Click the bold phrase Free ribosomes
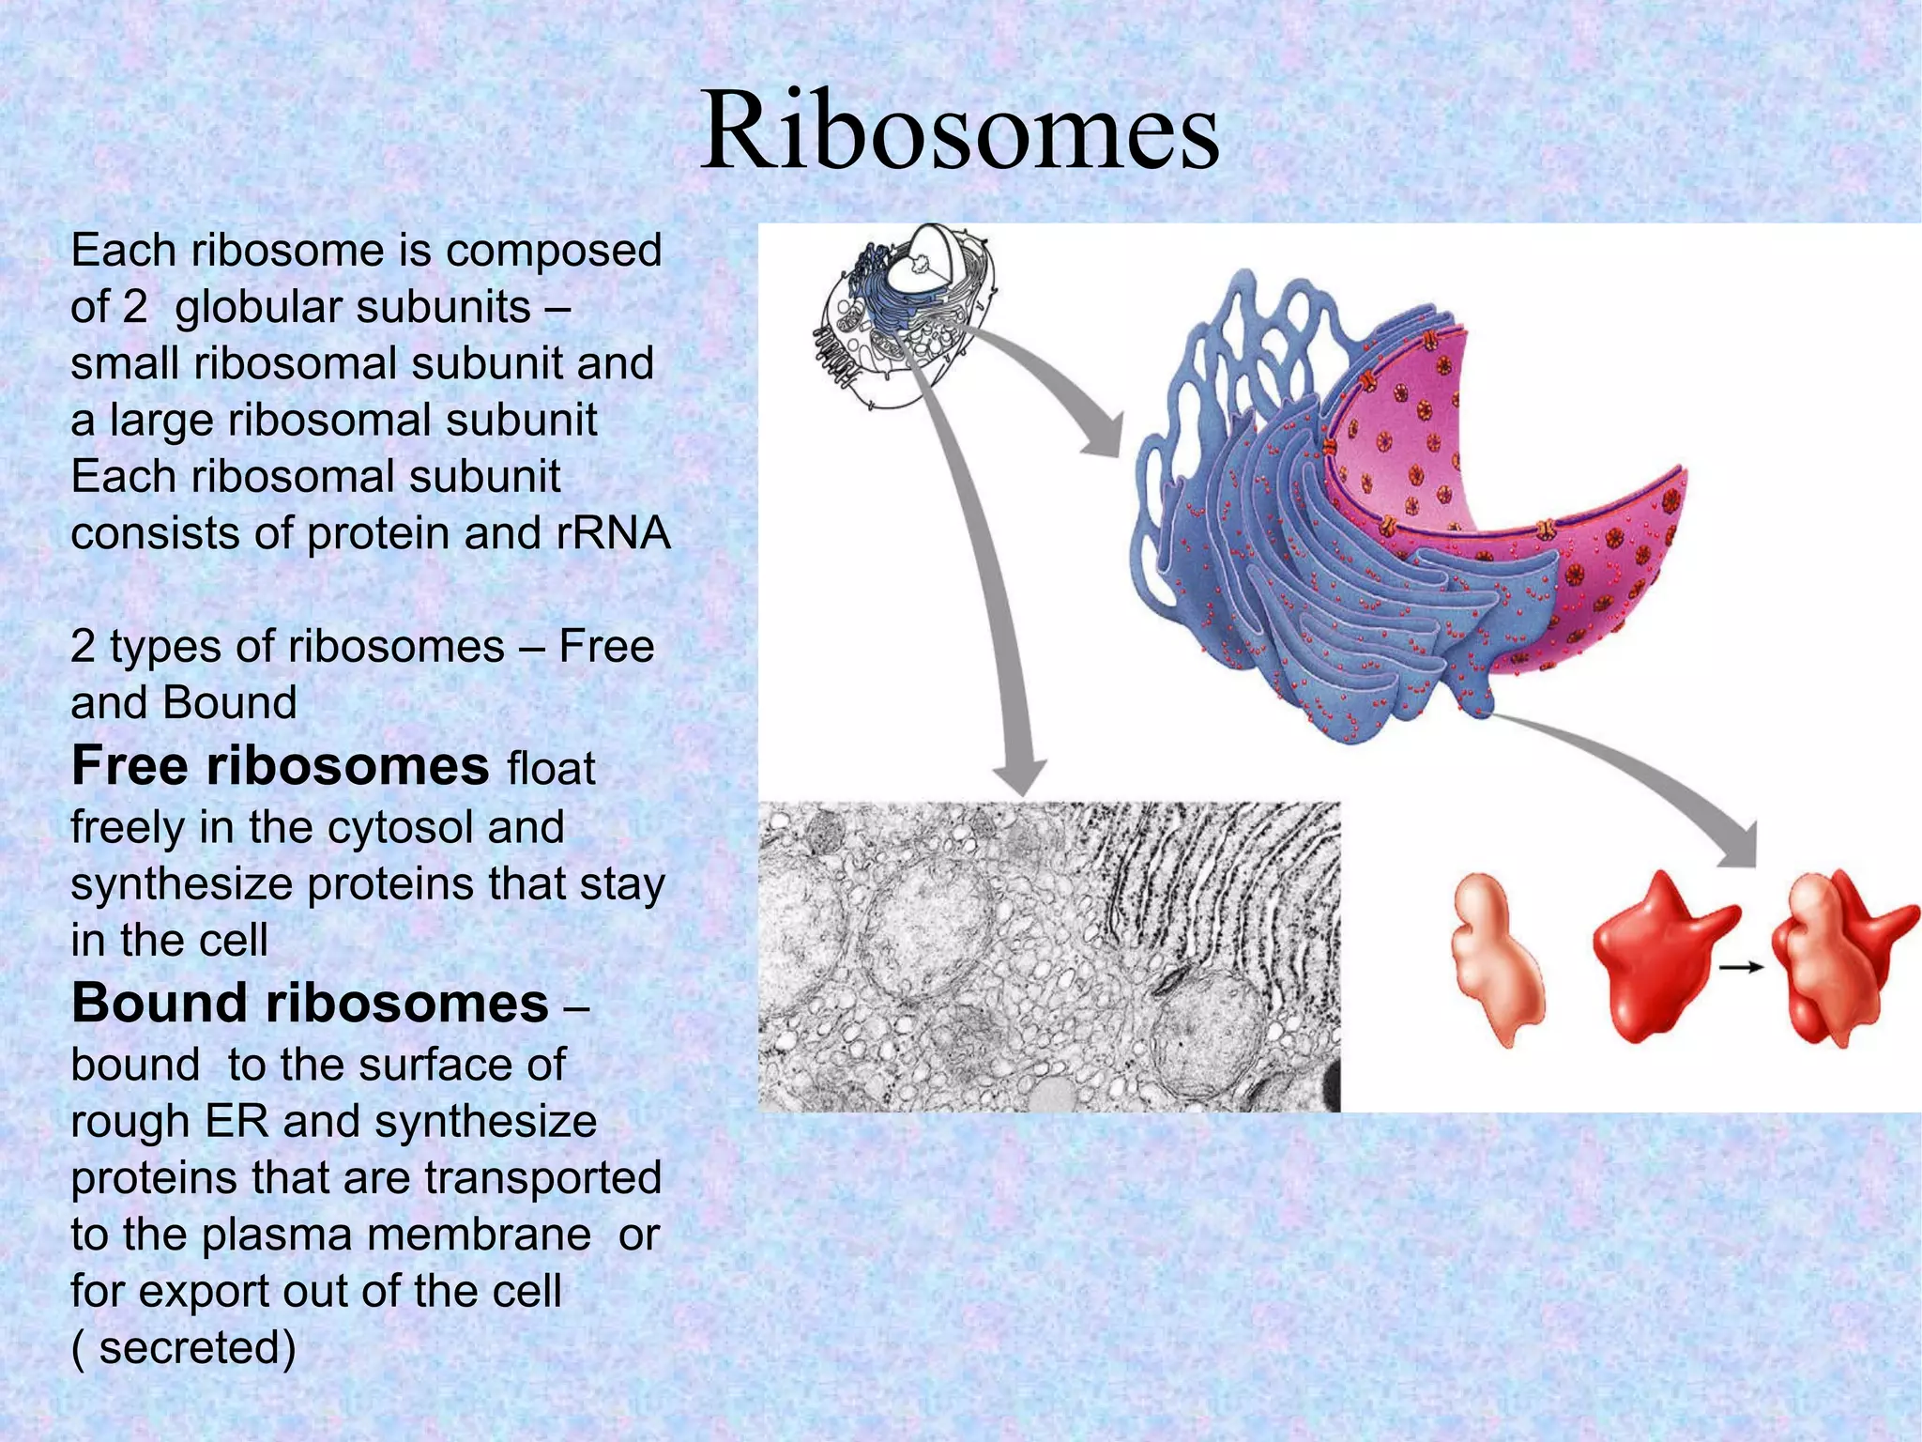click(280, 766)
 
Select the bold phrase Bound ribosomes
click(310, 1004)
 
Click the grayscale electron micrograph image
click(1048, 956)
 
